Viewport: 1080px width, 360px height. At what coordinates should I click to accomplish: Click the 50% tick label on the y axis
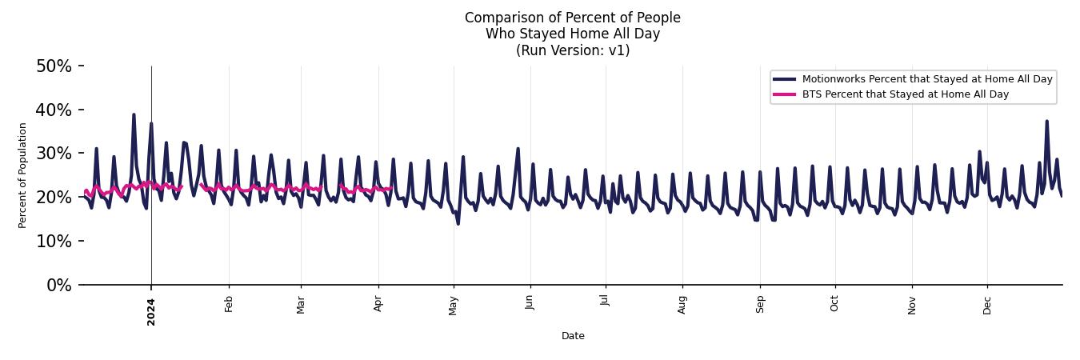tap(54, 66)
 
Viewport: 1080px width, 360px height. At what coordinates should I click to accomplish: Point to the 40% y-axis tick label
tap(54, 110)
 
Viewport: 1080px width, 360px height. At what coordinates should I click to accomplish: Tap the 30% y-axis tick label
tap(54, 154)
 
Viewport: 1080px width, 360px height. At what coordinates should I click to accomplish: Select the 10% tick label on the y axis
tap(54, 241)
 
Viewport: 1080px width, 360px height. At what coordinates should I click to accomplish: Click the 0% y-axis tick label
tap(58, 285)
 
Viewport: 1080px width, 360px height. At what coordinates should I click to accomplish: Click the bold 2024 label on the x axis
tap(151, 311)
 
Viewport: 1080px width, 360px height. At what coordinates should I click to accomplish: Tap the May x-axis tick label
tap(454, 305)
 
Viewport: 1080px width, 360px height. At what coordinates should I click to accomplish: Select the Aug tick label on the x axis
tap(682, 304)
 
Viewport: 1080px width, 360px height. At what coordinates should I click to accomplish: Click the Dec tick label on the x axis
tap(987, 304)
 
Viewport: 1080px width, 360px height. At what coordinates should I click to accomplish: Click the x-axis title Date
tap(573, 336)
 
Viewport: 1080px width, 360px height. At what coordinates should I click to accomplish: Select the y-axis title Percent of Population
tap(23, 175)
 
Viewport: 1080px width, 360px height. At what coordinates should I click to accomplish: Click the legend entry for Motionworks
tap(926, 79)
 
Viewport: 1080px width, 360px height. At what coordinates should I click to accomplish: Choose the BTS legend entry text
tap(905, 94)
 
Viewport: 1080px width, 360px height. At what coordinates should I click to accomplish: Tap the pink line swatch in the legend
tap(784, 94)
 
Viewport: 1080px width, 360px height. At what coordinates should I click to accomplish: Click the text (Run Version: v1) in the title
tap(573, 50)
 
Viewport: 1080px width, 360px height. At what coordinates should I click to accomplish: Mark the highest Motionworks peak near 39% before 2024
tap(134, 114)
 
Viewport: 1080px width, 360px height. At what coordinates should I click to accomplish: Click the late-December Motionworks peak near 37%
tap(1046, 122)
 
